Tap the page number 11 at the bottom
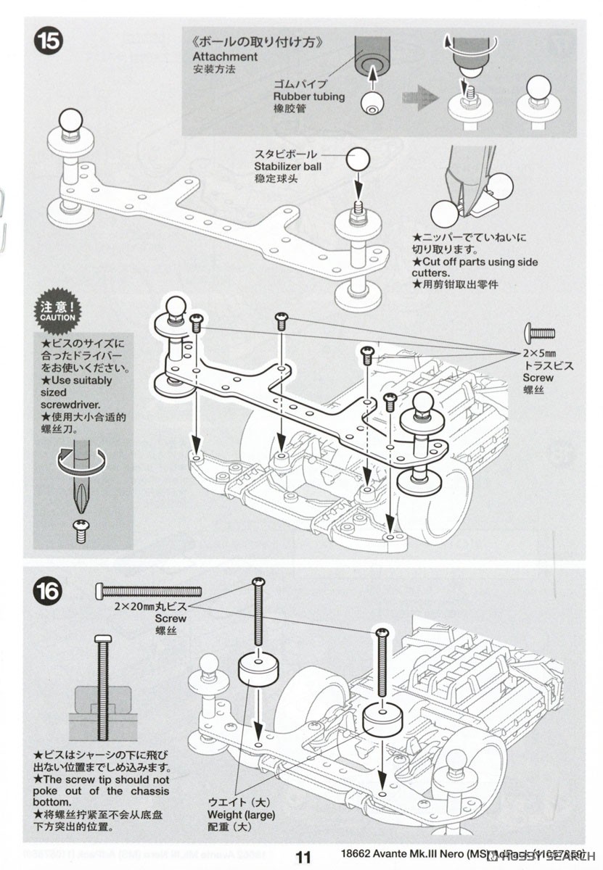[303, 858]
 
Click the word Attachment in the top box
[225, 57]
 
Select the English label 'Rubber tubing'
[309, 96]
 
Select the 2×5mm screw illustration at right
[540, 334]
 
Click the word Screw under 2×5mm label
[538, 378]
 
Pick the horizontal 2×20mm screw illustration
[148, 592]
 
